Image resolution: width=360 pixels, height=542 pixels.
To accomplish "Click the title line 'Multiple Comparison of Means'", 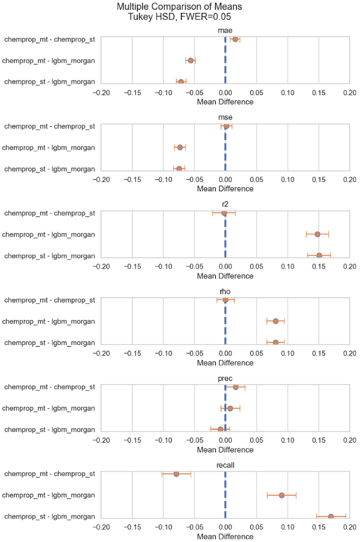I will point(180,7).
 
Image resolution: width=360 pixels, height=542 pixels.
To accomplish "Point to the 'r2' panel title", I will point(225,205).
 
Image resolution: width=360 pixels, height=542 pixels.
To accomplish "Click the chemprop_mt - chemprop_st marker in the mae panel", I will point(235,39).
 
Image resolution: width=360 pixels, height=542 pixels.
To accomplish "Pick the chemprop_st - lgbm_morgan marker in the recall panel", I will point(331,517).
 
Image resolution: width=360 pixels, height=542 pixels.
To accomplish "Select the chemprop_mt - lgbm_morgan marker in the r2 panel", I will point(317,234).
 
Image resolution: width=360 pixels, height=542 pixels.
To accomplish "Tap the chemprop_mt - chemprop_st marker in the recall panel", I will point(176,474).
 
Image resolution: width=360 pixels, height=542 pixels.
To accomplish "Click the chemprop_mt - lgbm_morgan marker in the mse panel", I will point(180,148).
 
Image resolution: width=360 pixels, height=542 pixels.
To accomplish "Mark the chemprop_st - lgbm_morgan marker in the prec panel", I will point(220,429).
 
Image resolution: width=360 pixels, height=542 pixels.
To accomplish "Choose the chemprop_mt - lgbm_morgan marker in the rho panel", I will point(275,321).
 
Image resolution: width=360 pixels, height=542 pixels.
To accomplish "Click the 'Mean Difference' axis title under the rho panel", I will point(225,363).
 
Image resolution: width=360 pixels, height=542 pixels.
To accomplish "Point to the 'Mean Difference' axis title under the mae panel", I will point(225,102).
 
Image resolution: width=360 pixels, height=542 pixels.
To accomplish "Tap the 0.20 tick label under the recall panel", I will point(349,527).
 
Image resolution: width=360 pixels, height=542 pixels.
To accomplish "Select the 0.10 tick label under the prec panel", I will point(287,440).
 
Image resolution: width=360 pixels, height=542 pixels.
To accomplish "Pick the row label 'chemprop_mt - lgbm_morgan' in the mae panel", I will point(49,61).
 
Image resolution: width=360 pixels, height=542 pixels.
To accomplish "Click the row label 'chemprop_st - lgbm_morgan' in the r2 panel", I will point(49,256).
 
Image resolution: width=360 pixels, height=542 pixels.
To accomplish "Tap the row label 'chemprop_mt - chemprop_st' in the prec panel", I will point(49,387).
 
